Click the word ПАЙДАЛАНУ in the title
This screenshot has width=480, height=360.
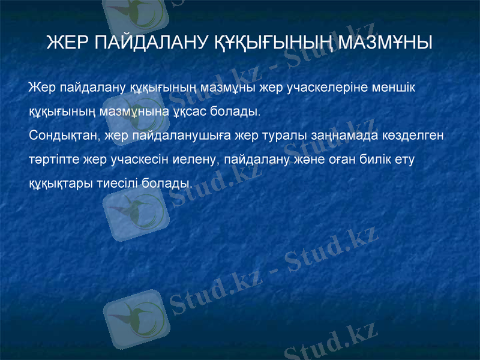pyautogui.click(x=150, y=43)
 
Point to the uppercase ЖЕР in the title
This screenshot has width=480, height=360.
pyautogui.click(x=65, y=43)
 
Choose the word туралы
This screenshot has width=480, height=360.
pyautogui.click(x=285, y=135)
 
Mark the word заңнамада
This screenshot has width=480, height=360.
pyautogui.click(x=344, y=135)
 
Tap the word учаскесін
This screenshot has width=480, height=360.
pyautogui.click(x=137, y=159)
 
